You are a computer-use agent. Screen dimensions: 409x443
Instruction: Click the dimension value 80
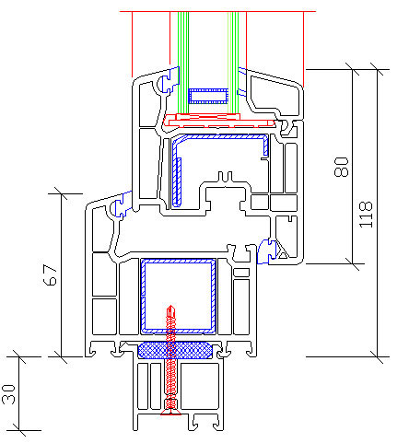342,167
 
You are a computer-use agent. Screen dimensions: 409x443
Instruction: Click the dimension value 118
366,215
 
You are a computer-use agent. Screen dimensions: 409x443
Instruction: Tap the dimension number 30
8,394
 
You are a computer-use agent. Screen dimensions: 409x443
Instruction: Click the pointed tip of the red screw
170,306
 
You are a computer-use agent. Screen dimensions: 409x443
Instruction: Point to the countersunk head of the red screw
170,413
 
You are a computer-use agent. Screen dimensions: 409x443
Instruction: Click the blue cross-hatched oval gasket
175,350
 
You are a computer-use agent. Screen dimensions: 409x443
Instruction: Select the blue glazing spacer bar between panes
208,96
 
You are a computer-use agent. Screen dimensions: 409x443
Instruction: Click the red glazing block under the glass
219,120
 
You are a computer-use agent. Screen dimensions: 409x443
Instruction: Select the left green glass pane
183,63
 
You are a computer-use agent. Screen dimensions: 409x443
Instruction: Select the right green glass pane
233,63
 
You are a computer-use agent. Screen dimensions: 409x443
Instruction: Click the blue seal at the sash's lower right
264,251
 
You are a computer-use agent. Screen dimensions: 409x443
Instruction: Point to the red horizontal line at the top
217,11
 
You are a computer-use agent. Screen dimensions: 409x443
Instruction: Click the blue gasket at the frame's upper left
121,205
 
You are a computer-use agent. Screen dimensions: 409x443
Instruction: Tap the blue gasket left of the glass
169,79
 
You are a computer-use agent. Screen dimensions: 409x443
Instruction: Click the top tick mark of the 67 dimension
61,193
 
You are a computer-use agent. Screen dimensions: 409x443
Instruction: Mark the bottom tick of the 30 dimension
19,430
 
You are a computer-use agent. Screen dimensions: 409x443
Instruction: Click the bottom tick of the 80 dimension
352,263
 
